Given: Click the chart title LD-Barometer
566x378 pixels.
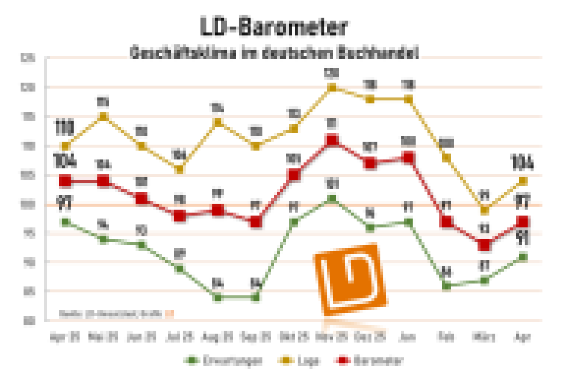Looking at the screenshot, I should tap(273, 27).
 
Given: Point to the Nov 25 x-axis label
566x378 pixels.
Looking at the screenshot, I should tap(332, 337).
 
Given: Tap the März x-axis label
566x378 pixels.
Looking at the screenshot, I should tap(484, 337).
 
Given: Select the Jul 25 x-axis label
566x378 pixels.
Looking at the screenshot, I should tap(179, 337).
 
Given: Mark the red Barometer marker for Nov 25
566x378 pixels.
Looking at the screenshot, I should tap(332, 140).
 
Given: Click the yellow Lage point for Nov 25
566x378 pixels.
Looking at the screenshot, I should tap(332, 87).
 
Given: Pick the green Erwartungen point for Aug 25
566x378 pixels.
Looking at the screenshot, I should tap(218, 297).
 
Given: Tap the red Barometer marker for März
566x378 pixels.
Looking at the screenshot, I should tap(484, 245).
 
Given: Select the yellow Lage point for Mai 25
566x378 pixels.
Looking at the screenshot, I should tap(103, 116).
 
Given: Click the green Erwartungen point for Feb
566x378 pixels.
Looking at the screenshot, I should tap(446, 286).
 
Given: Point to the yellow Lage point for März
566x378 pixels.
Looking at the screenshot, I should tap(484, 210).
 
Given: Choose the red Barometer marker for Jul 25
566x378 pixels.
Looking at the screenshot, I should tap(179, 216).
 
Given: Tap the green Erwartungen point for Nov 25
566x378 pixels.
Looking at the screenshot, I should tap(332, 198).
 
